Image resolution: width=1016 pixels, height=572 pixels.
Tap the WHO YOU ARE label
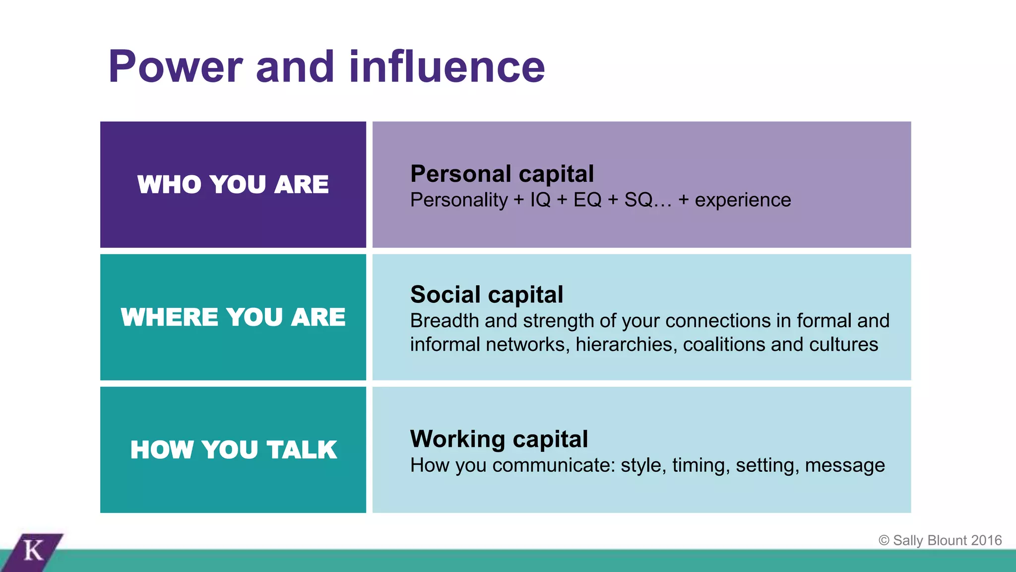(x=233, y=185)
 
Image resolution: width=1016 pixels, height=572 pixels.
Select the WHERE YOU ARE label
(x=233, y=317)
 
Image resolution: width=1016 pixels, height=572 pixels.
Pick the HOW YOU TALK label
(x=233, y=450)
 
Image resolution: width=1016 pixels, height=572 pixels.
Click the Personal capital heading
(x=502, y=174)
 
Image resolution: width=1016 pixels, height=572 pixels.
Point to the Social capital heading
(x=487, y=294)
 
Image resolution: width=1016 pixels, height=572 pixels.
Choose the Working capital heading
(x=499, y=439)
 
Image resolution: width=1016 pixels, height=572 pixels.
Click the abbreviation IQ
(x=540, y=200)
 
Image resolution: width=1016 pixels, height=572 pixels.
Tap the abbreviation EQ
(x=587, y=200)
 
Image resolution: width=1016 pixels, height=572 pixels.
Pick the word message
(x=845, y=466)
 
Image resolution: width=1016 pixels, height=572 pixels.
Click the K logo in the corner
(x=34, y=551)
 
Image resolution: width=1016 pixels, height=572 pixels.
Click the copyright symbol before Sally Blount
(x=884, y=540)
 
